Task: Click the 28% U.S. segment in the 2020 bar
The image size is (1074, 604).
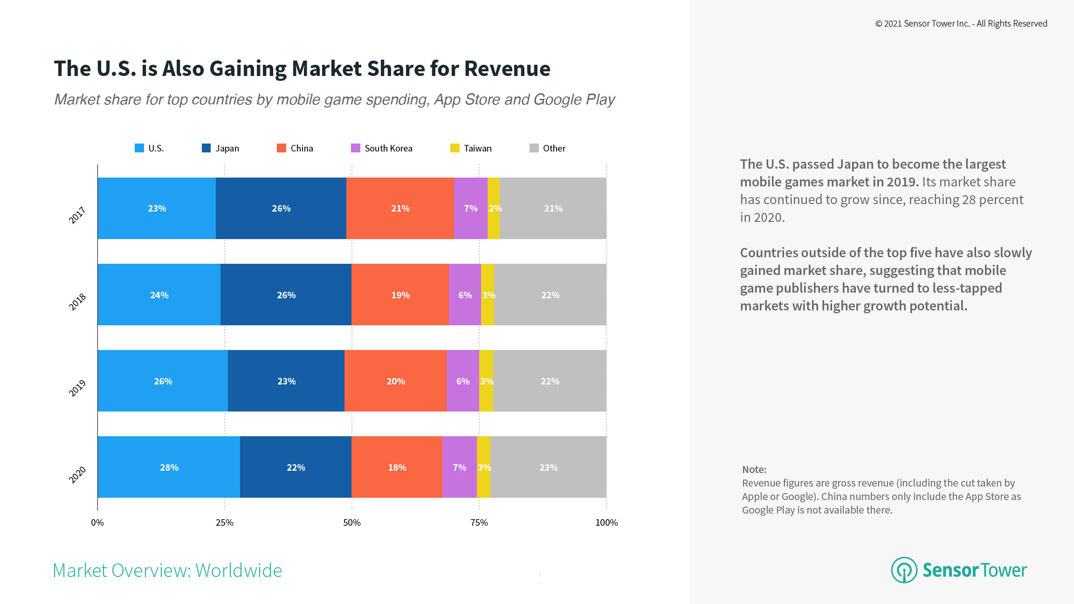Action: coord(169,467)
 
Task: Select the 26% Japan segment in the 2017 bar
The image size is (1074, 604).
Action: coord(281,208)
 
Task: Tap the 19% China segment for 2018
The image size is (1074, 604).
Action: coord(400,295)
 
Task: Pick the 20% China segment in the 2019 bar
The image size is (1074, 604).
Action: coord(395,381)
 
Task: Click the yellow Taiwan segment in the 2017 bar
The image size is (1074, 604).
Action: coord(493,208)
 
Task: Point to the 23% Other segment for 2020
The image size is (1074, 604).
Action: coord(548,467)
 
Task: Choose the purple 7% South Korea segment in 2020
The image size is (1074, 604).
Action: coord(459,467)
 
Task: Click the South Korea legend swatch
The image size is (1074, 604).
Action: coord(355,148)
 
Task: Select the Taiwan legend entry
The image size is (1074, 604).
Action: coord(471,148)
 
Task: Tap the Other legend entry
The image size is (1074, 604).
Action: coord(548,148)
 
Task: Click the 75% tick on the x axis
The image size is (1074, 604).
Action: coord(479,522)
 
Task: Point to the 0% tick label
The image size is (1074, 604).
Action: coord(97,522)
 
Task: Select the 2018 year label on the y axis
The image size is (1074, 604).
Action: coord(77,302)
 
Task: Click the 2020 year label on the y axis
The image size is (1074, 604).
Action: coord(77,474)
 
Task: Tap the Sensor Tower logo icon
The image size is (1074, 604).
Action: coord(904,570)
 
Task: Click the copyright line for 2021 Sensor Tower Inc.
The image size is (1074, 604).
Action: coord(961,24)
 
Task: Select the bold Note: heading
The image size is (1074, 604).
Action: coord(754,469)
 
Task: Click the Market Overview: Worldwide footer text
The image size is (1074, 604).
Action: coord(167,570)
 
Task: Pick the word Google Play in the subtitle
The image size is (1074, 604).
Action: coord(574,99)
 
